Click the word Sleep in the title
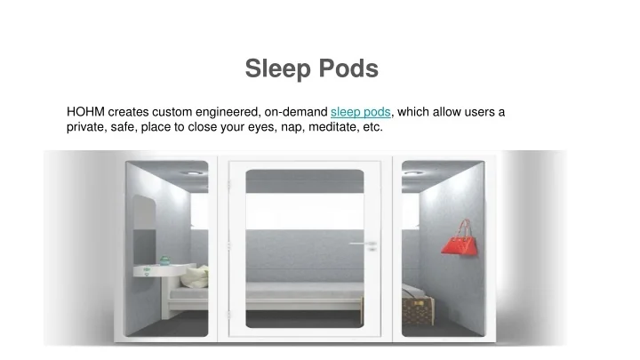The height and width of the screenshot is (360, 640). pos(275,68)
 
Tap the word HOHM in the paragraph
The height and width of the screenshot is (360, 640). pos(85,112)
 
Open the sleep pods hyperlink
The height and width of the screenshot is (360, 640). pos(360,112)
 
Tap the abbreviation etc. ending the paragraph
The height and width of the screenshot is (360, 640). pos(372,127)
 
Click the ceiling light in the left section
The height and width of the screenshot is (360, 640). pos(192,172)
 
